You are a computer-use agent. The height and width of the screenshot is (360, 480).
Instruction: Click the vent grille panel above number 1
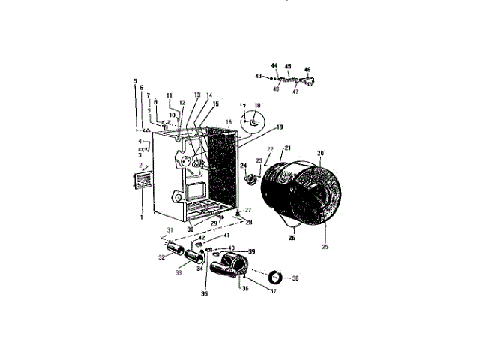click(141, 181)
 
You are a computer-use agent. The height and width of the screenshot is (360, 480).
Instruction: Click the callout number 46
click(307, 70)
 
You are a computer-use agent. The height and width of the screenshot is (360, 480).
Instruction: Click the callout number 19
click(259, 127)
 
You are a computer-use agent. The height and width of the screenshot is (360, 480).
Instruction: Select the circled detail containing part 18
click(253, 118)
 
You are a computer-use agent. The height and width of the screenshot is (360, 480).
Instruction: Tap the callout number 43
click(258, 76)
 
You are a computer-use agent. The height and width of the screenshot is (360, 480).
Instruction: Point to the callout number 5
click(135, 80)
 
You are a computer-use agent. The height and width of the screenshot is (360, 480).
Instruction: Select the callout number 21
click(287, 148)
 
